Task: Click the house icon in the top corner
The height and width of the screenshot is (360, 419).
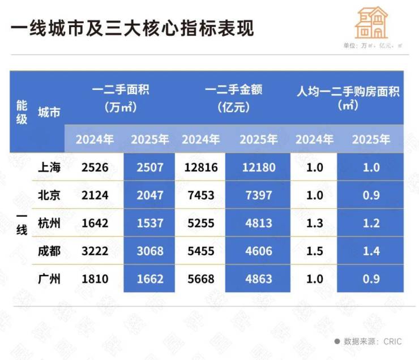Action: click(x=371, y=23)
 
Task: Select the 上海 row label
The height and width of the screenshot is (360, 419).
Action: click(x=49, y=168)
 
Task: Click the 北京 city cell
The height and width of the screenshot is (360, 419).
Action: click(x=49, y=195)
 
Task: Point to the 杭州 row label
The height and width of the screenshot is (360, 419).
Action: click(x=49, y=223)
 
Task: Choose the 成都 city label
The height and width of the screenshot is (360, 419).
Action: click(x=49, y=251)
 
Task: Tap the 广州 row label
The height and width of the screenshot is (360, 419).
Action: click(x=49, y=278)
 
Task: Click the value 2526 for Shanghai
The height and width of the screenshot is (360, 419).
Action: click(x=95, y=168)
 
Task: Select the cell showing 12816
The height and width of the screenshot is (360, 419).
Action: click(x=200, y=168)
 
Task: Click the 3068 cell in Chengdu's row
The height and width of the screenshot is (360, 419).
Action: click(x=150, y=251)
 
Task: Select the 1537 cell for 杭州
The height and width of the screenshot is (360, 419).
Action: click(x=150, y=223)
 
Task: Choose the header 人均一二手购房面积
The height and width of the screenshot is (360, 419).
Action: click(x=348, y=97)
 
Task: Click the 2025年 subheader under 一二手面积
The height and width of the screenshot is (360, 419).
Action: click(x=150, y=139)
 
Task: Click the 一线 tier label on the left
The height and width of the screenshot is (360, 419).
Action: click(x=22, y=223)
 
